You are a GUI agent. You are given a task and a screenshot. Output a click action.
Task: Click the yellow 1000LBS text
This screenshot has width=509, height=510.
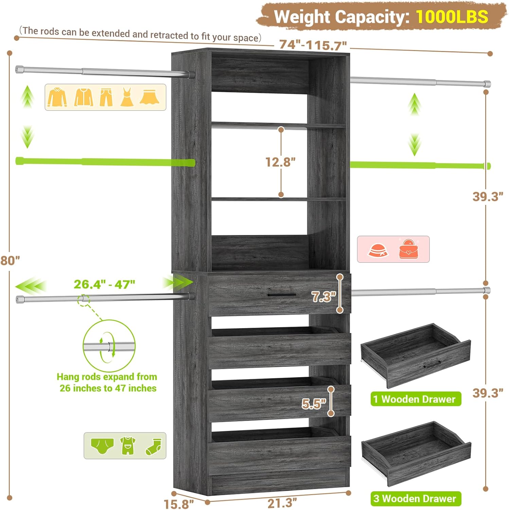coord(452,16)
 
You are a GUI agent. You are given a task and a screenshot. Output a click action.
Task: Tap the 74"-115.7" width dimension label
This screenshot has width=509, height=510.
coord(313,45)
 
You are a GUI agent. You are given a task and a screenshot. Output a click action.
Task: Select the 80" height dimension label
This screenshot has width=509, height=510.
coord(10,261)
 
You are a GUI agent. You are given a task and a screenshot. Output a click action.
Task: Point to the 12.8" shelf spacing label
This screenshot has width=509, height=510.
coord(280,162)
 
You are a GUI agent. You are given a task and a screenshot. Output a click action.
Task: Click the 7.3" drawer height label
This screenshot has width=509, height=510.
coord(324,297)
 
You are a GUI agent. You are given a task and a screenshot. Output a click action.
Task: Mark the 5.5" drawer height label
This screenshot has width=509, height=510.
coord(314,404)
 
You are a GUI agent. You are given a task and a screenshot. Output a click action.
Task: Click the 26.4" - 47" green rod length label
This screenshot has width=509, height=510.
coord(104,284)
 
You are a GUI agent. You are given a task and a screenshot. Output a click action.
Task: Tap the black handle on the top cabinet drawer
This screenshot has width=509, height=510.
coord(282,295)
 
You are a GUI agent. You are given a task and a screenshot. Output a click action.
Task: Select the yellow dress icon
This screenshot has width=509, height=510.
coord(127,97)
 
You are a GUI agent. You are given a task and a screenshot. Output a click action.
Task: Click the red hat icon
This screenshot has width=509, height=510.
coord(378,250)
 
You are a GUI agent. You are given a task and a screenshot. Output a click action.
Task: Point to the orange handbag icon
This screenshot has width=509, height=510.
coord(409,249)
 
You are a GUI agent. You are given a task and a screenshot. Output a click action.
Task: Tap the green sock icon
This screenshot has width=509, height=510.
coord(153,446)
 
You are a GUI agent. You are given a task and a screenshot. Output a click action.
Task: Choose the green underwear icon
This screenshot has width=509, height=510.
coord(102,446)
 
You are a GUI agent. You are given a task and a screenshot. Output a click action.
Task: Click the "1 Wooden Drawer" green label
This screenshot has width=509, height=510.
coord(416,399)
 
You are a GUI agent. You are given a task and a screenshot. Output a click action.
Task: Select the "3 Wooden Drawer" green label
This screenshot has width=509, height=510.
coord(416,498)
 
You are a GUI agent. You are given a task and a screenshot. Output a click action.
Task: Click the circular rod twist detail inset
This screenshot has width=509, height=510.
coord(109,346)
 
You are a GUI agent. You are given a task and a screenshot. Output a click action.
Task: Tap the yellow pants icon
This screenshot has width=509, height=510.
coord(106,97)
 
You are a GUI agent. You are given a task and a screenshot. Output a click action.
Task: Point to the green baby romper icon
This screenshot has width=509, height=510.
coord(128,446)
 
